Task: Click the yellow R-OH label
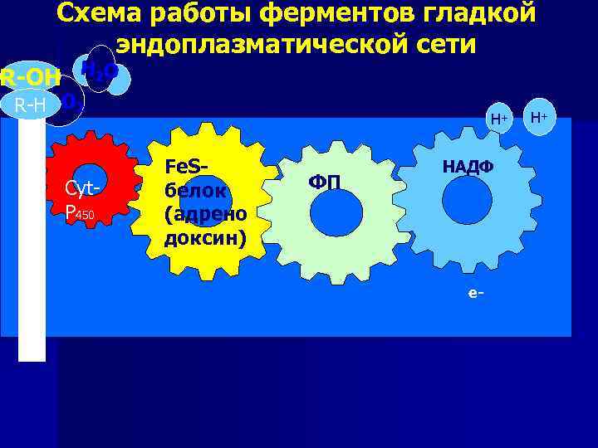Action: tap(30, 79)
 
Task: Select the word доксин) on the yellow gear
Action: tap(205, 238)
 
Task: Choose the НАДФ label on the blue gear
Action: tap(467, 166)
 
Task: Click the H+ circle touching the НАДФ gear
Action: tap(498, 119)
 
